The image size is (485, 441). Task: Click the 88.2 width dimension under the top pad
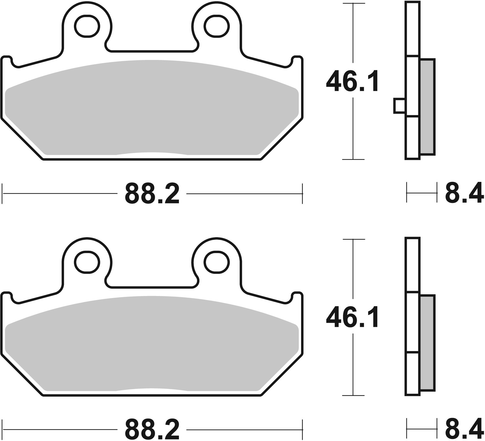pos(152,194)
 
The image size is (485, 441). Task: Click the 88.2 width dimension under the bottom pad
pos(152,429)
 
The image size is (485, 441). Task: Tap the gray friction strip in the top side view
pos(427,107)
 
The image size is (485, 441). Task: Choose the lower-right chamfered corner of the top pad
pos(281,139)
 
